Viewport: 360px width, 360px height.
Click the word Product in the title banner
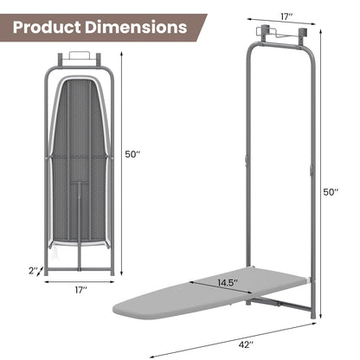click(54, 27)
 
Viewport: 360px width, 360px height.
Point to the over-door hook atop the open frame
click(279, 35)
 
